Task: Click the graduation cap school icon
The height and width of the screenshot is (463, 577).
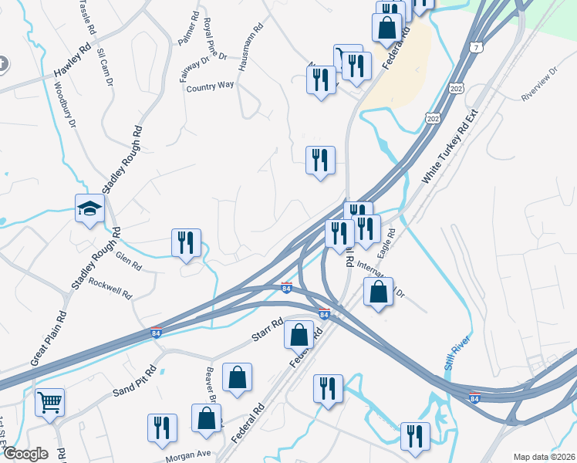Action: pos(90,208)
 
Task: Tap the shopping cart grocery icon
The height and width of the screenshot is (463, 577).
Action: pos(50,402)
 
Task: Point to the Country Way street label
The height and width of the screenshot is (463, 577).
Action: pos(210,87)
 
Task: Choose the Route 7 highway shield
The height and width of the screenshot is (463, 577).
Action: pos(477,48)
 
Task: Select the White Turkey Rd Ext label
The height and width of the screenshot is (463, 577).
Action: pos(450,147)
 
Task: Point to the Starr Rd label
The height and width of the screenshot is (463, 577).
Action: pos(268,332)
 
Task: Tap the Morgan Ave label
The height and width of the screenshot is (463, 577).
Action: pos(188,456)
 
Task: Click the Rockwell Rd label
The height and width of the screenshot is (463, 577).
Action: pos(110,288)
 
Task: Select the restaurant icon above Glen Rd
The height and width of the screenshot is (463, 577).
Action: pos(186,243)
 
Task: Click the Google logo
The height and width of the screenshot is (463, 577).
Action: pos(25,455)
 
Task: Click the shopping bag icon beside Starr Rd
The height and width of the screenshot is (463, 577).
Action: pos(299,336)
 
